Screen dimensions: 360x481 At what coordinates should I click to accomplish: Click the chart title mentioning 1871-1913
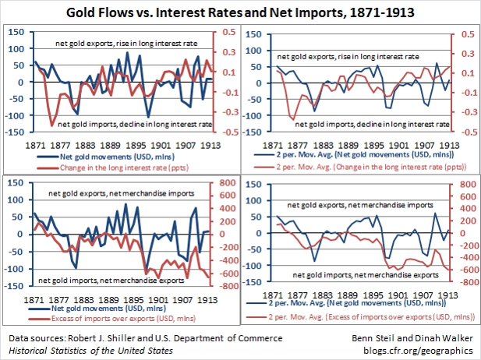240,12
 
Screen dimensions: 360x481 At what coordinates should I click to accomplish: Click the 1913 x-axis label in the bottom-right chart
448,295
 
